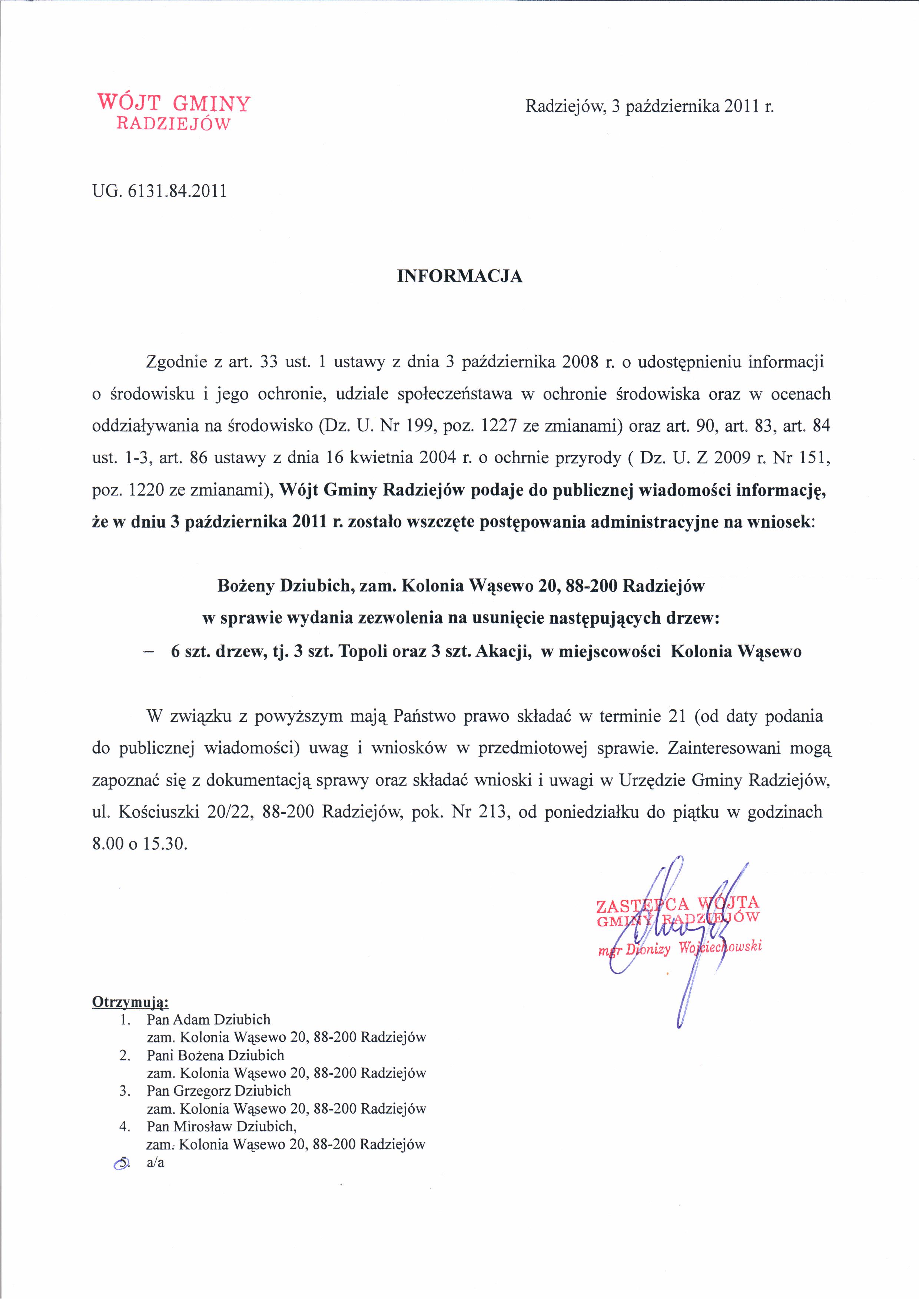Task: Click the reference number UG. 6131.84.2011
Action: tap(159, 191)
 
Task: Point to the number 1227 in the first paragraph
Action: tap(499, 426)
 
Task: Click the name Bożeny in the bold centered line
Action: tap(246, 586)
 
